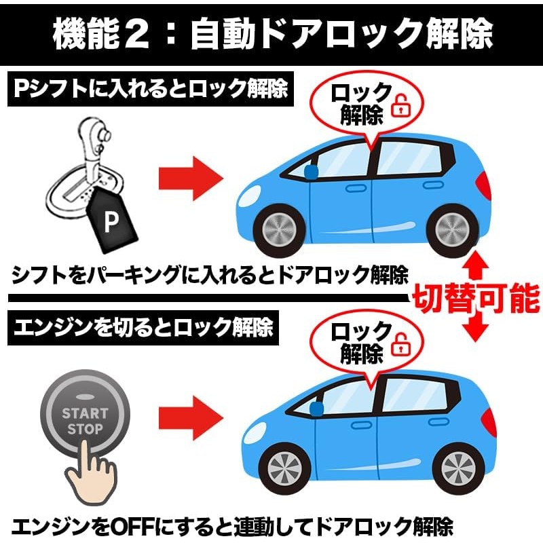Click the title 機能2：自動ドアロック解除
[x=271, y=33]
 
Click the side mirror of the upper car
[x=311, y=172]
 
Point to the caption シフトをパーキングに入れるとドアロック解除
[x=210, y=275]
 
